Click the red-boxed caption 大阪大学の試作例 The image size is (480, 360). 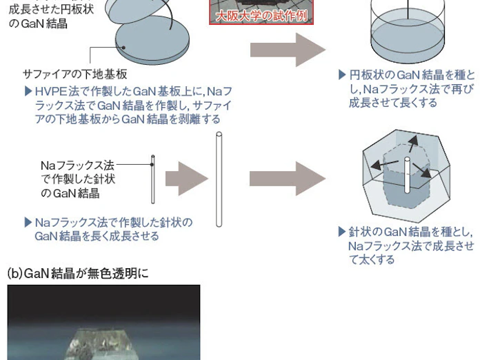(262, 16)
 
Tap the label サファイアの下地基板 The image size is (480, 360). (75, 74)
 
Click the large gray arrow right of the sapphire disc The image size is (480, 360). (288, 50)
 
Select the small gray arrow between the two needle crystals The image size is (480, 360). (187, 179)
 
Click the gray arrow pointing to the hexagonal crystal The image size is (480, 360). (288, 179)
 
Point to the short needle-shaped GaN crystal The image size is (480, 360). (152, 179)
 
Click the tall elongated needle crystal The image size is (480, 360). (219, 179)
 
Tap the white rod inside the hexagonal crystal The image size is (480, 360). (407, 175)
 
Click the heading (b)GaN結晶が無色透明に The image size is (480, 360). (78, 273)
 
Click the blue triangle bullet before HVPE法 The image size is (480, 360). (28, 91)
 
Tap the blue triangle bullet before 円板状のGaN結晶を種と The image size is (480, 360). (342, 75)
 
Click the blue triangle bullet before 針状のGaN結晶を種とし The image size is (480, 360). (342, 232)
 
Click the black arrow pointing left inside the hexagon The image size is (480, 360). (385, 165)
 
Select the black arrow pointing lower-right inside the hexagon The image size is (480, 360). (422, 170)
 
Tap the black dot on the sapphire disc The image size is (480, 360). (123, 48)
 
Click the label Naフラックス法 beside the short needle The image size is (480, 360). (77, 166)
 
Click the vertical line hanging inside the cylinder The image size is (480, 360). (408, 9)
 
